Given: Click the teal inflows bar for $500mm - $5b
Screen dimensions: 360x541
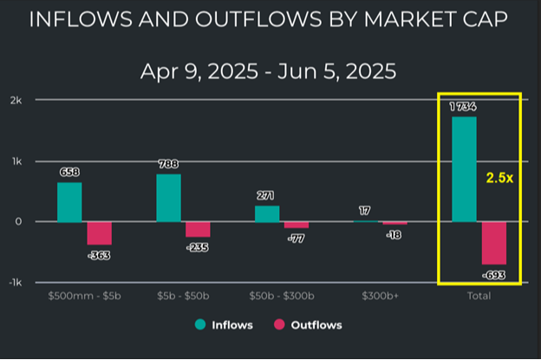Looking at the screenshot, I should pos(69,201).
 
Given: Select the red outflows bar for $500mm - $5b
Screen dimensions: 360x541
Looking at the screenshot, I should pos(100,232).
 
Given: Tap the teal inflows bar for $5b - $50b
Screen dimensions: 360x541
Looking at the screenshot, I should pos(168,197).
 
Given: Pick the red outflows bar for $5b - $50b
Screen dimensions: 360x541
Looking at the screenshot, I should pos(198,229).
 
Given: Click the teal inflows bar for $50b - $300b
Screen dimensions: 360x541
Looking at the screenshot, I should pos(267,213).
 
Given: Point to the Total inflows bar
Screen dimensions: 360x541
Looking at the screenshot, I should pos(464,169).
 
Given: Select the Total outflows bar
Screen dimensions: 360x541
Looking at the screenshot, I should pos(493,242).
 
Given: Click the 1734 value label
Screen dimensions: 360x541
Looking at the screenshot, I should pos(464,107).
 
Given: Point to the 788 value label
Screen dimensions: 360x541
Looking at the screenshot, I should pos(168,163).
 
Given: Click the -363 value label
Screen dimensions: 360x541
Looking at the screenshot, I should pos(98,256).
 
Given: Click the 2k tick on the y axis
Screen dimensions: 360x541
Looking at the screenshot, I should pos(16,100).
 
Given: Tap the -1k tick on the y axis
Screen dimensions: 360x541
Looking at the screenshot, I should pos(15,283).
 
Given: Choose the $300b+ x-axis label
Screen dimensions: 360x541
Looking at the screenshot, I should pos(380,296).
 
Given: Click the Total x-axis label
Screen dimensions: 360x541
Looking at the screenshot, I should pos(479,296).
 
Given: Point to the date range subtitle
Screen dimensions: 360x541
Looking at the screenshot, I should pos(269,71).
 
